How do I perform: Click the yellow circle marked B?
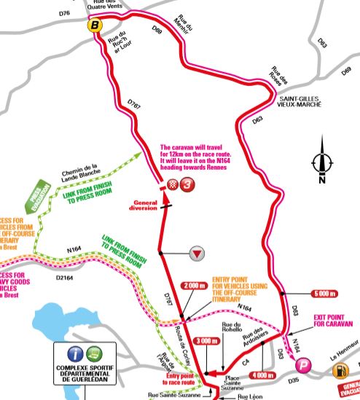pos(94,27)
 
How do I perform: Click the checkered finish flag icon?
pos(173,185)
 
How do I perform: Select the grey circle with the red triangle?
pos(196,254)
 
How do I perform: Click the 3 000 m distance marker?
pos(208,340)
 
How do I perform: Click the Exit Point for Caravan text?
pos(332,322)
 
